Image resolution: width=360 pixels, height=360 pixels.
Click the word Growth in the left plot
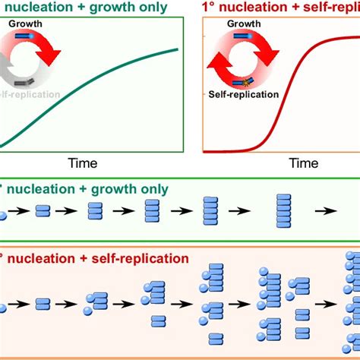click(27, 24)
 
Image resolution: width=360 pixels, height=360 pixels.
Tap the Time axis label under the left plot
click(83, 162)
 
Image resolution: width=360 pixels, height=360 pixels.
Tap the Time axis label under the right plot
click(305, 162)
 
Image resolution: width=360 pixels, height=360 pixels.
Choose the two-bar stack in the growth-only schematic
click(43, 210)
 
